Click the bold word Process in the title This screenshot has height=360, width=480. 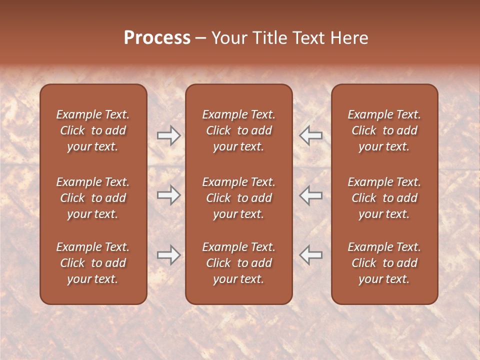[x=157, y=38]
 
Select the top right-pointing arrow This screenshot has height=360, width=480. [x=168, y=135]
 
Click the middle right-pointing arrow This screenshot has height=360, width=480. [x=168, y=195]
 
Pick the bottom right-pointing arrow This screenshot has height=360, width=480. [x=168, y=255]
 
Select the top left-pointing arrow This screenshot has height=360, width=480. [x=310, y=135]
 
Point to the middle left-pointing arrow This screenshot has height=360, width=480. [x=310, y=195]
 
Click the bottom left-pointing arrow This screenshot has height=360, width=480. [x=310, y=255]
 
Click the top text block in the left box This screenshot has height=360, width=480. [x=93, y=130]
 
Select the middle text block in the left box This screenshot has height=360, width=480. [x=93, y=198]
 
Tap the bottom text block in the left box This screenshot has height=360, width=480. [x=93, y=263]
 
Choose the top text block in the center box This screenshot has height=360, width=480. [x=239, y=130]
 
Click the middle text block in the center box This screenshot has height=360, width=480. [x=239, y=198]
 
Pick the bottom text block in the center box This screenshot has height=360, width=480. [x=239, y=263]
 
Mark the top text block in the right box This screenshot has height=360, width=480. [x=384, y=130]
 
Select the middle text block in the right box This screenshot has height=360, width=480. [x=384, y=198]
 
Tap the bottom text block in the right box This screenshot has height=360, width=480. [x=384, y=263]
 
